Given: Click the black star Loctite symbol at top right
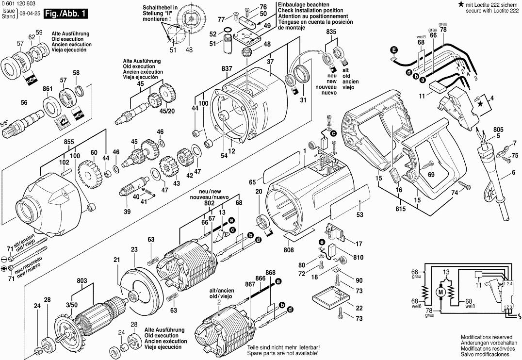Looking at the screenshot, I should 460,4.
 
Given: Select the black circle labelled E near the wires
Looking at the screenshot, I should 394,50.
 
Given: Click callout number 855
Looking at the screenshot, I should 68,142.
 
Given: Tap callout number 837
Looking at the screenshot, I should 227,69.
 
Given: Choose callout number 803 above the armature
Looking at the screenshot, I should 82,280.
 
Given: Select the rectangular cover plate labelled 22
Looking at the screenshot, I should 329,296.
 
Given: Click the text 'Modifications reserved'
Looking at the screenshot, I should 486,337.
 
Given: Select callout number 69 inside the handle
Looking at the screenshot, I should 431,174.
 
